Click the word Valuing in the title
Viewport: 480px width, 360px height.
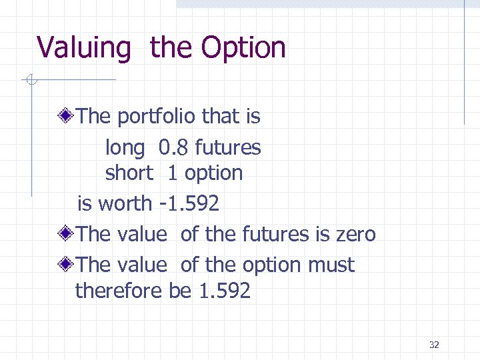pos(84,49)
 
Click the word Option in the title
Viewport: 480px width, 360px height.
pos(243,49)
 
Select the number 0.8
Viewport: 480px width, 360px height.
pos(173,147)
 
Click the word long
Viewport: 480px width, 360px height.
pos(125,148)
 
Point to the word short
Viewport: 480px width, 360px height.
pos(129,173)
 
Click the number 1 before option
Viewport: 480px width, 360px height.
pos(172,173)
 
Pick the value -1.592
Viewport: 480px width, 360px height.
pos(190,203)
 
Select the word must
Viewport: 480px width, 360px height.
pos(331,265)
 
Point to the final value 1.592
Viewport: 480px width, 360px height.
pos(225,291)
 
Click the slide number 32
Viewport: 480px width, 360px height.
pos(434,345)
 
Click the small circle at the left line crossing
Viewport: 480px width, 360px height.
pos(31,81)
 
